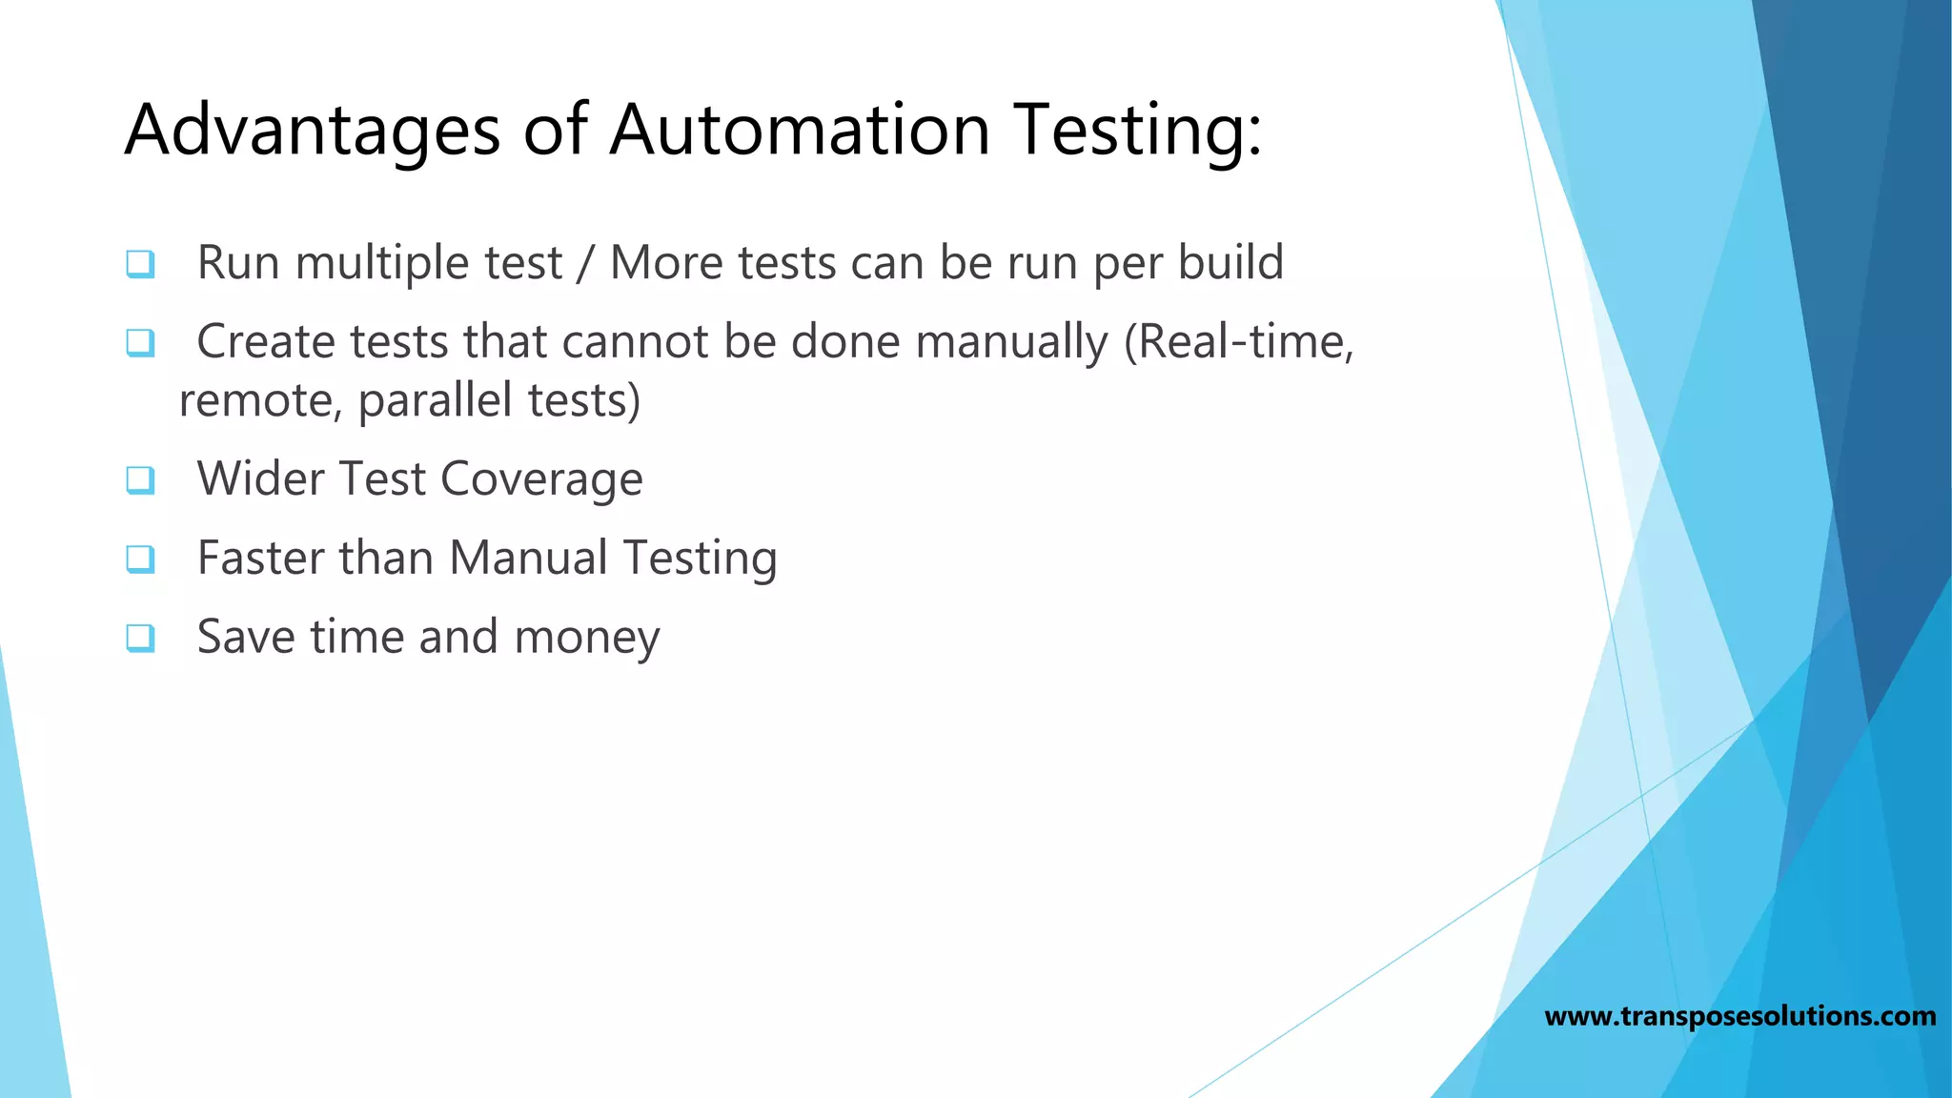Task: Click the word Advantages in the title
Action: tap(312, 131)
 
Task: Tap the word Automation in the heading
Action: tap(800, 131)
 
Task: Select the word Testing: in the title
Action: tap(1138, 131)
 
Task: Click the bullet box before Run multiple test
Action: tap(140, 263)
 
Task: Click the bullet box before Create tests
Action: tap(140, 342)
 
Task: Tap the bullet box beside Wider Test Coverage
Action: tap(140, 479)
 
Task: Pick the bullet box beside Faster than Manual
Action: tap(140, 559)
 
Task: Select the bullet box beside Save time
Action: tap(140, 638)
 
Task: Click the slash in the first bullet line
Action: tap(585, 264)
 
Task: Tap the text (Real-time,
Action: tap(1238, 341)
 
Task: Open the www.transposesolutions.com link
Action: tap(1739, 1016)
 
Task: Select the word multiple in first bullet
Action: tap(381, 263)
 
